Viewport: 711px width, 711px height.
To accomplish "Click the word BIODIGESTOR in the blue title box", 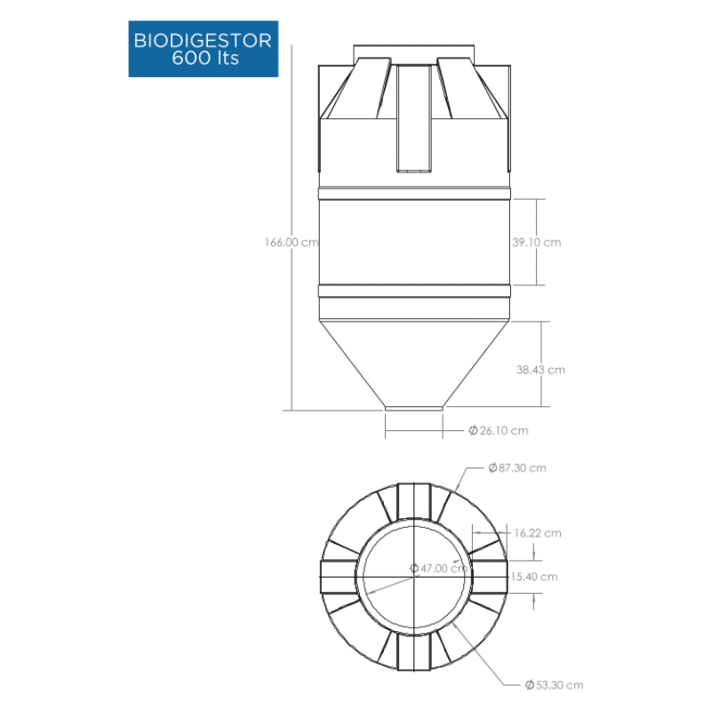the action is click(203, 41).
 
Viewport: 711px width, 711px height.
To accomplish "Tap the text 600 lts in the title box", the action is click(205, 58).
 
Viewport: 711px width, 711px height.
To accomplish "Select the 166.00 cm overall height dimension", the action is click(292, 242).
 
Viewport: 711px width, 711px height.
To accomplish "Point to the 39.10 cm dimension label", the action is click(537, 242).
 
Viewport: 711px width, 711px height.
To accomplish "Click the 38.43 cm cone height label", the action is click(540, 370).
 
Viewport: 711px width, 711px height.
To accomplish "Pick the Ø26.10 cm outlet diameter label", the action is click(499, 430).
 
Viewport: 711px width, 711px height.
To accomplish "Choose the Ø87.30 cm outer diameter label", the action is click(517, 467).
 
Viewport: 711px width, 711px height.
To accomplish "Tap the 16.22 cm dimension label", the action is click(538, 532).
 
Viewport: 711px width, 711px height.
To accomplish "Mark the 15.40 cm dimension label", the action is click(534, 577).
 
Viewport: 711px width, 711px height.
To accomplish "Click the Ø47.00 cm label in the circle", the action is click(438, 568).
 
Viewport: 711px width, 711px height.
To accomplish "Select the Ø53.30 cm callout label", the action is click(554, 684).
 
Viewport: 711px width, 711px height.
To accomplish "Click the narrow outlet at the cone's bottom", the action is click(414, 408).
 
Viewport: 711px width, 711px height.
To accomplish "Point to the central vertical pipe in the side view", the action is click(414, 118).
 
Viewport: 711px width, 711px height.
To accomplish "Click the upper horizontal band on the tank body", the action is click(414, 194).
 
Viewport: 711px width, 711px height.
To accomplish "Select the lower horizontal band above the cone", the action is click(414, 291).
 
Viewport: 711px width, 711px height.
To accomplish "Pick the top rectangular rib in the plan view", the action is click(414, 500).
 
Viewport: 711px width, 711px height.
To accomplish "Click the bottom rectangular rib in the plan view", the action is click(414, 652).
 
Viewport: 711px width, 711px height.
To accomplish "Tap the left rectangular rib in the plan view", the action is click(339, 576).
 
